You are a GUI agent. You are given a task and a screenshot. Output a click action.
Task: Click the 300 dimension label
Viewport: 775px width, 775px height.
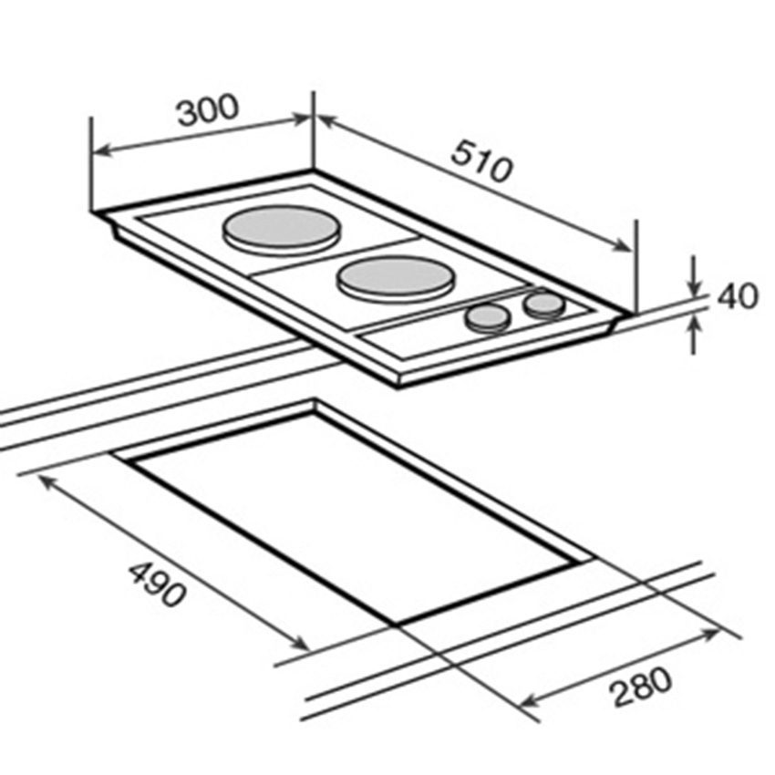208,109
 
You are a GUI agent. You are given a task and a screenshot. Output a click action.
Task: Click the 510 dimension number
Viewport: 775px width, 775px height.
481,161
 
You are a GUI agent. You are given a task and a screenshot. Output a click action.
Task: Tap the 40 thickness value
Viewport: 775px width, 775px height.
737,296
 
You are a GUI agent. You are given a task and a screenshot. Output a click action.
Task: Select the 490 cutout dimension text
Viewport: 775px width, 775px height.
158,584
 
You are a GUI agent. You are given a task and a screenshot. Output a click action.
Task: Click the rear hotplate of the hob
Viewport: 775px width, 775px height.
281,230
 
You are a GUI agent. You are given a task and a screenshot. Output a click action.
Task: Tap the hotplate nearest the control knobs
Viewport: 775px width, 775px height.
395,279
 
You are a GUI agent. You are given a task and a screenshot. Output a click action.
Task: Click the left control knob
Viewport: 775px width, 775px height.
486,318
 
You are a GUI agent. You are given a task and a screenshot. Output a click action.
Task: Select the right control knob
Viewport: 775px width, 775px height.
544,305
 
